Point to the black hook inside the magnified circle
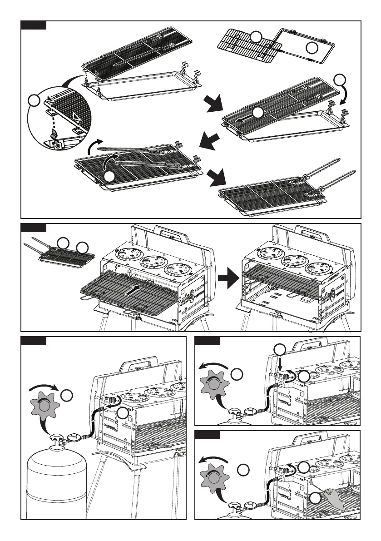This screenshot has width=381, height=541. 54,134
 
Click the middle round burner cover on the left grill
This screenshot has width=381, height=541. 153,262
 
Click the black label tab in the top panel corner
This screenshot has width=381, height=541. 34,25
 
